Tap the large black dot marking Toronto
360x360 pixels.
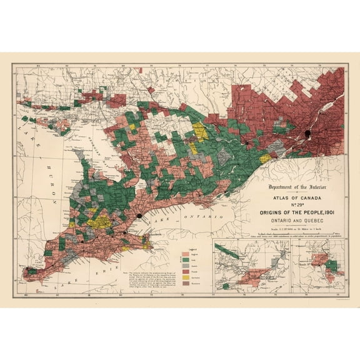point(137,216)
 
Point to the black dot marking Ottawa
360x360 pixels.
point(247,143)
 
